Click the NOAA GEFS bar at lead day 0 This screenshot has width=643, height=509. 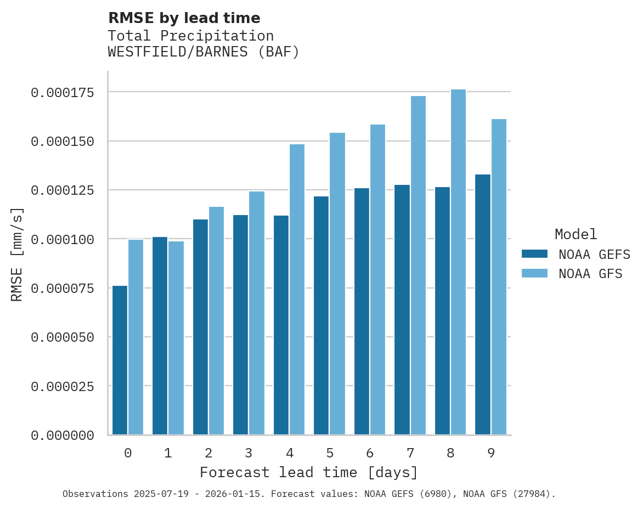120,360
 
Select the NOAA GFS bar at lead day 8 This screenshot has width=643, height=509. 458,262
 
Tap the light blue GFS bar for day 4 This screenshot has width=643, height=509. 297,290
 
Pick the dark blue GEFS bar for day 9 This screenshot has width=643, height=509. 483,304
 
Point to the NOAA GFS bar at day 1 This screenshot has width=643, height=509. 176,338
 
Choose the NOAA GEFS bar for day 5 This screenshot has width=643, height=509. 321,315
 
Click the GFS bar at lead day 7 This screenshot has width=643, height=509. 418,265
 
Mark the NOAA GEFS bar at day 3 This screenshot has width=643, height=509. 240,325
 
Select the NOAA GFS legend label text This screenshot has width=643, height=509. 590,274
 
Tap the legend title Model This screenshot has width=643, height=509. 576,235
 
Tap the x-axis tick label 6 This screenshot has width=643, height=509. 370,454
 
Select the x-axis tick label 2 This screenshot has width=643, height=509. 208,454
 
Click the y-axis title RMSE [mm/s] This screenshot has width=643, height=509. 18,254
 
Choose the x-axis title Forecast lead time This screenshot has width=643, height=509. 309,473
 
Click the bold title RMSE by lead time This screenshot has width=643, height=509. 184,18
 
